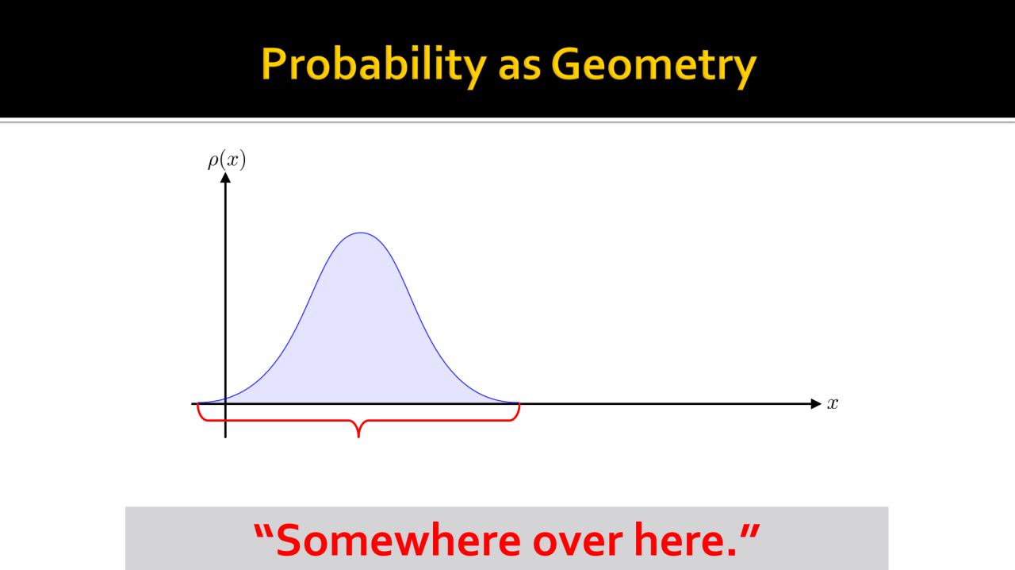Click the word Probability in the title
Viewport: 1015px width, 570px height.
pos(373,65)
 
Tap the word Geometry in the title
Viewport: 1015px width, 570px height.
pos(654,65)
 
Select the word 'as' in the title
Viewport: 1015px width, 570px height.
pos(519,68)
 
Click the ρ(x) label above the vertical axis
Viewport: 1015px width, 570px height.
pos(227,160)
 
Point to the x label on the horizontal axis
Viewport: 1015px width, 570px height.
pos(833,403)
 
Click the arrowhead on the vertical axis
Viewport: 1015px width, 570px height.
pos(225,178)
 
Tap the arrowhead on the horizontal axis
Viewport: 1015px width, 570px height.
pos(816,403)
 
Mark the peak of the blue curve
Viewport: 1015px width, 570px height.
pos(360,233)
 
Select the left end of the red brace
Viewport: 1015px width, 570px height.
pos(197,404)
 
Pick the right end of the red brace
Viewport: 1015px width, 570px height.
pos(519,404)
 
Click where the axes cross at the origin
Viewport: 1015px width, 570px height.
pos(225,403)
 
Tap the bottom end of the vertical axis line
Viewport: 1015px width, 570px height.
pos(225,437)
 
